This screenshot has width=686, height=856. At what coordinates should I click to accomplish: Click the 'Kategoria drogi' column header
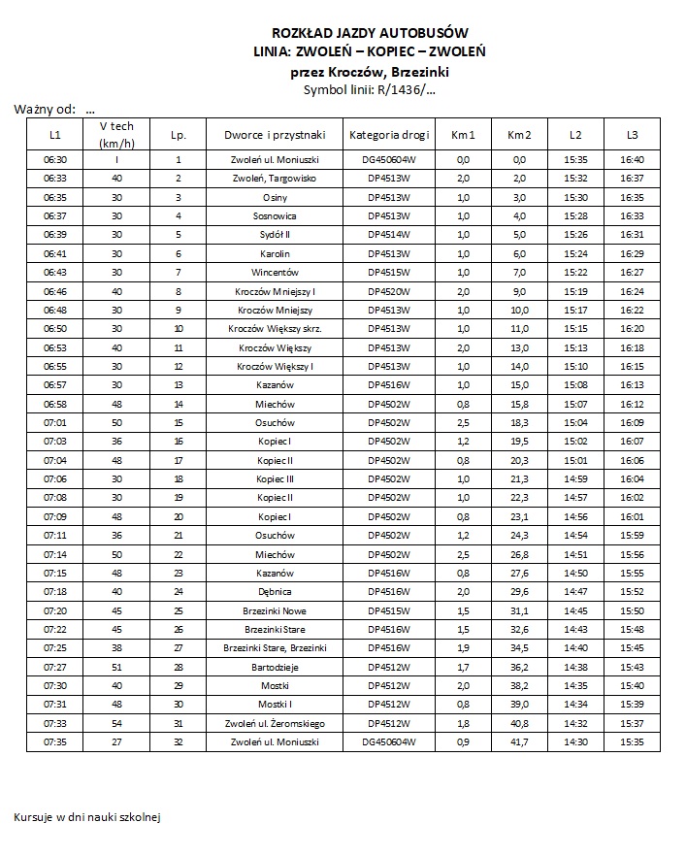(x=389, y=134)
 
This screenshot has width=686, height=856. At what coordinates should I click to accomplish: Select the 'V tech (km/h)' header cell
(x=116, y=135)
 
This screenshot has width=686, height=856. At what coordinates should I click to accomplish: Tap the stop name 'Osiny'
(x=275, y=197)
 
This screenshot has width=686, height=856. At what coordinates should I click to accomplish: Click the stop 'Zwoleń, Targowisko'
(x=275, y=179)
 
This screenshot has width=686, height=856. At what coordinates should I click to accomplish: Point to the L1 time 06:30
(x=55, y=159)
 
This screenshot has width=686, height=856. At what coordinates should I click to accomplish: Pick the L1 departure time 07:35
(x=55, y=742)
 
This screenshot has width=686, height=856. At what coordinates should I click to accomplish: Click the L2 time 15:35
(x=575, y=159)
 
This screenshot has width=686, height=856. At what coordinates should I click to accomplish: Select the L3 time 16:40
(x=632, y=159)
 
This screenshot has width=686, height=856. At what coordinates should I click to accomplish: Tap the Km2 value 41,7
(x=519, y=742)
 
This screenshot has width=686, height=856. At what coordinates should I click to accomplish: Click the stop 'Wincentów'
(x=275, y=272)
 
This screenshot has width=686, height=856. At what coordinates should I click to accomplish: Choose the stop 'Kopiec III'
(x=275, y=478)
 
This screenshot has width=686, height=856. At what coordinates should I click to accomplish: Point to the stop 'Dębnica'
(x=275, y=592)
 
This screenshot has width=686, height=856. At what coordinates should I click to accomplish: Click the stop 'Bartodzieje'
(x=275, y=667)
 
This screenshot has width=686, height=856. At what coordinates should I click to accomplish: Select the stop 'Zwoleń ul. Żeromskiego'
(x=275, y=724)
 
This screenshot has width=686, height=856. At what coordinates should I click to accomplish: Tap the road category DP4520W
(x=389, y=291)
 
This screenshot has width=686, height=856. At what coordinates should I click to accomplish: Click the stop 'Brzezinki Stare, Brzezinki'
(x=275, y=648)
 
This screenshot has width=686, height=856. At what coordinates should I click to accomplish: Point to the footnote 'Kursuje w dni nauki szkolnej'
(x=86, y=816)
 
